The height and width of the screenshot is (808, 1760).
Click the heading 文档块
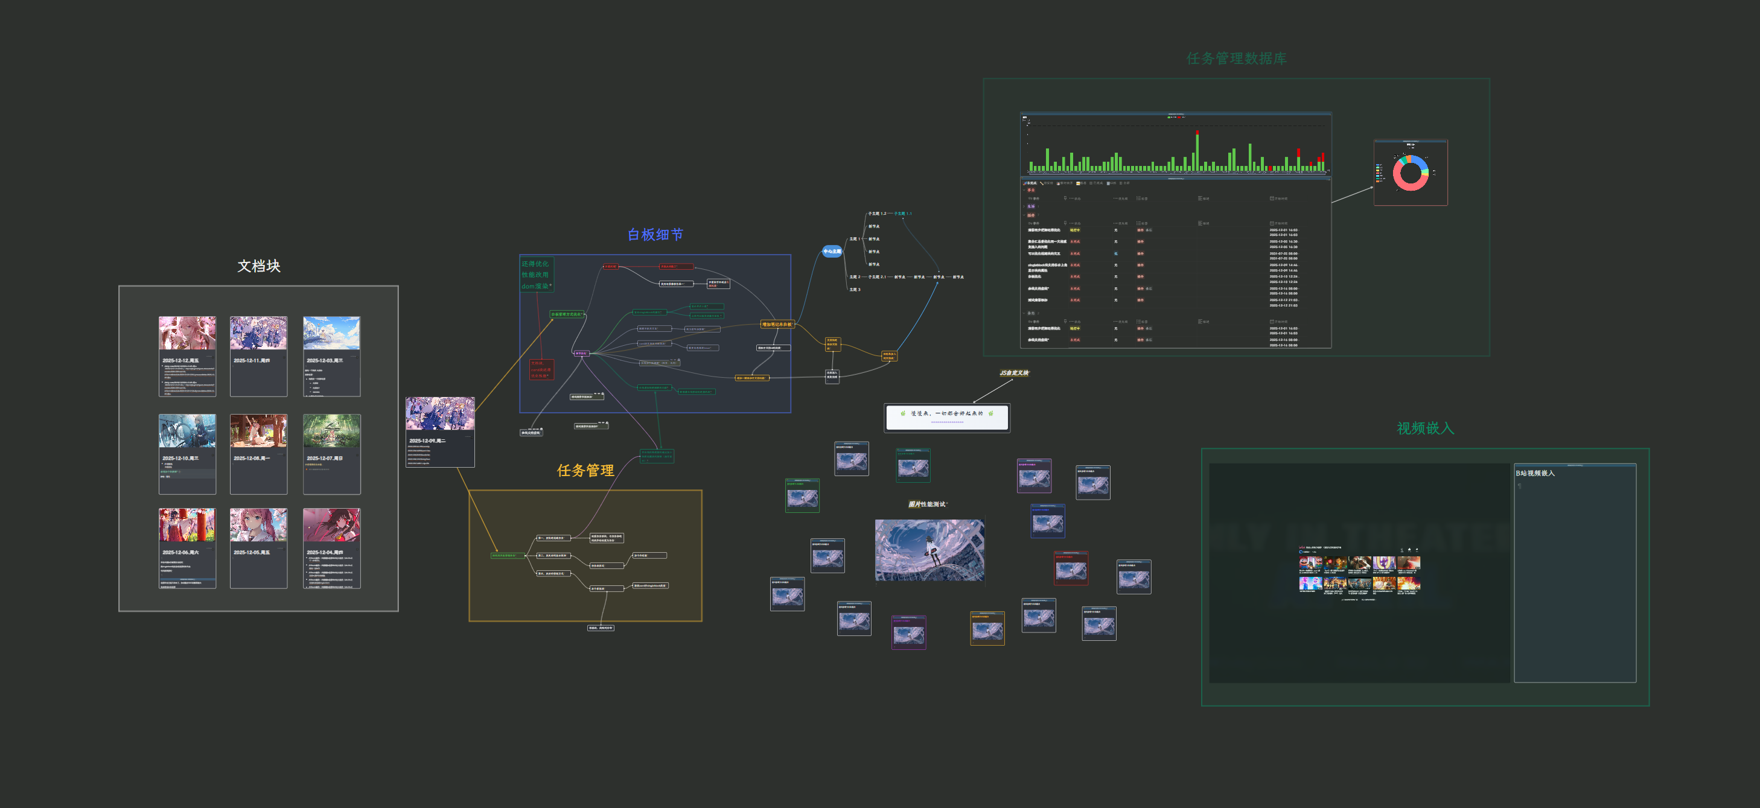coord(259,266)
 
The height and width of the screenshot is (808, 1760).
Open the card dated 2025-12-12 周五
coord(187,356)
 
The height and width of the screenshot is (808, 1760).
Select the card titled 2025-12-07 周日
coord(331,454)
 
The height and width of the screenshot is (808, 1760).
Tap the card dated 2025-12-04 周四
coord(331,548)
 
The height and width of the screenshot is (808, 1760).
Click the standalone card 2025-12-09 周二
coord(440,431)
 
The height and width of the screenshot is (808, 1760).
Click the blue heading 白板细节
coord(655,234)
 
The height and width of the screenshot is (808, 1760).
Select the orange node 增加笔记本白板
coord(777,325)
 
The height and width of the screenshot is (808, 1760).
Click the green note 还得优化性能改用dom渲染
coord(535,275)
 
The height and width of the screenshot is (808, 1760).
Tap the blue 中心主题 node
coord(832,252)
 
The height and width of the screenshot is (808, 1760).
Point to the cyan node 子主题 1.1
coord(903,214)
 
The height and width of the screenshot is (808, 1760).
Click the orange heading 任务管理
coord(585,470)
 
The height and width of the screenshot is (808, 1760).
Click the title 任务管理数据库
coord(1237,59)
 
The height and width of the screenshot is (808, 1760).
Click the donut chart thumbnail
coord(1410,172)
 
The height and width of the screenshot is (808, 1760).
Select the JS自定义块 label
coord(1014,373)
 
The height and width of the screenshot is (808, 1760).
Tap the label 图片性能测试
coord(928,504)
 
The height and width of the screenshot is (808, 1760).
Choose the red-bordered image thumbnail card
coord(1071,568)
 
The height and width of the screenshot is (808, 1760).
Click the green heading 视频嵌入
coord(1425,428)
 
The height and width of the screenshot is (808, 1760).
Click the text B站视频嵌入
coord(1535,473)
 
